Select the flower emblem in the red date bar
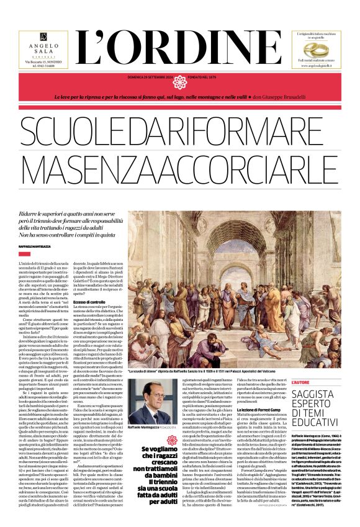click(180, 82)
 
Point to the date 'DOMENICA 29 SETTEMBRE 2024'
click(142, 78)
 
